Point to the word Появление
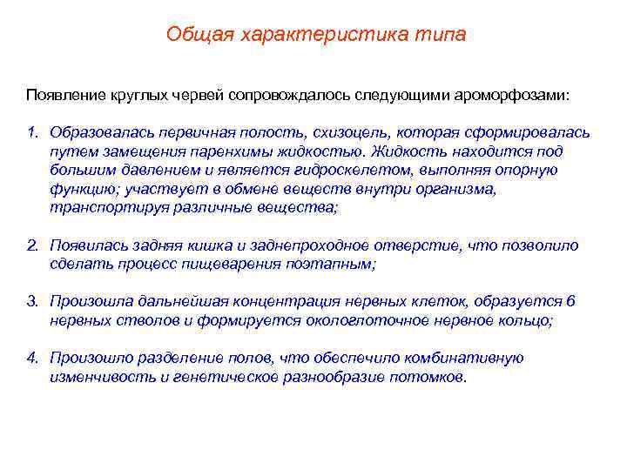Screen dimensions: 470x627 click(x=64, y=92)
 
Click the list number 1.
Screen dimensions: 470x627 click(x=31, y=132)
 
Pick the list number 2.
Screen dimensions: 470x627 click(x=31, y=245)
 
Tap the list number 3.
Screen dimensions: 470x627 click(x=31, y=302)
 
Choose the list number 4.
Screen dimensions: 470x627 click(x=31, y=359)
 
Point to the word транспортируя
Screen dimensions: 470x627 click(x=98, y=208)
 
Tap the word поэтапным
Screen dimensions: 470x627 click(x=331, y=265)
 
